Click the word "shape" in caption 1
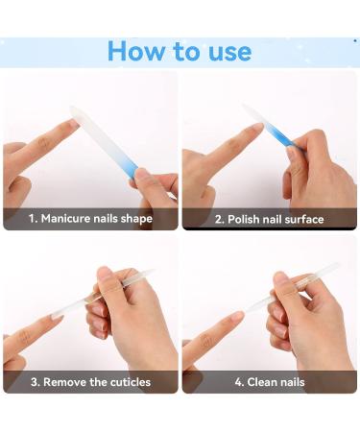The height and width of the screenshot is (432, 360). (x=136, y=219)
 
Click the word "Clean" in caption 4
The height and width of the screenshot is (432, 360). (x=261, y=382)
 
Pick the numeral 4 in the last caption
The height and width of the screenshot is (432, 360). (x=238, y=382)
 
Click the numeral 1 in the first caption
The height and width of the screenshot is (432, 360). (x=32, y=219)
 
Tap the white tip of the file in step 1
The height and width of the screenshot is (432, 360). (x=74, y=110)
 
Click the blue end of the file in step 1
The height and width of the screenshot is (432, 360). (x=132, y=169)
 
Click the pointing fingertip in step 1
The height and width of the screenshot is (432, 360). (x=73, y=124)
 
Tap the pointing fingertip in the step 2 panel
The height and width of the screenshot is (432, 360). (x=257, y=128)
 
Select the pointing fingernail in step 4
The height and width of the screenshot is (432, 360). (x=236, y=316)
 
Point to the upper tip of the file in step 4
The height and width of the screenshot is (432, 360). (x=335, y=265)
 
